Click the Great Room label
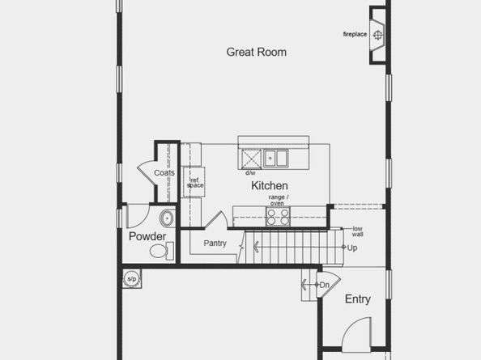click(256, 53)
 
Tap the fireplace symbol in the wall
click(377, 35)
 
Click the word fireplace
click(355, 34)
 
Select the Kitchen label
click(269, 185)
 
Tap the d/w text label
click(250, 172)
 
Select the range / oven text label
click(277, 201)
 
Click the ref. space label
click(195, 183)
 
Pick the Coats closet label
click(164, 172)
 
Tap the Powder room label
click(147, 236)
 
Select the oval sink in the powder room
click(167, 218)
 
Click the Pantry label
click(215, 243)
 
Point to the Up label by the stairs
click(352, 248)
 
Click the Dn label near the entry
click(324, 285)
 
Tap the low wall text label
click(357, 232)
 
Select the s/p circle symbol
click(131, 280)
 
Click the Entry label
click(358, 299)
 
